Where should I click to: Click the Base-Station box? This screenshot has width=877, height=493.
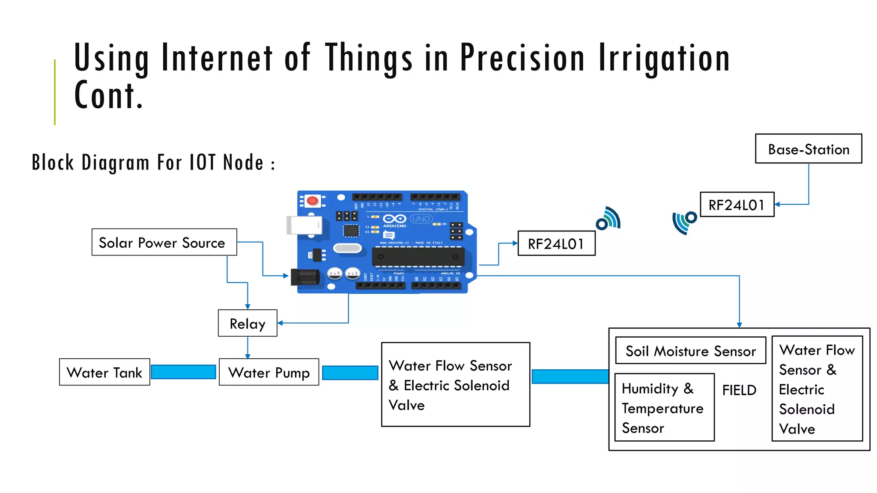pos(808,149)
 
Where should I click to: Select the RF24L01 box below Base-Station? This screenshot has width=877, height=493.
pos(737,205)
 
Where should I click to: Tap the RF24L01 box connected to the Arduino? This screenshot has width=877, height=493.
pos(556,244)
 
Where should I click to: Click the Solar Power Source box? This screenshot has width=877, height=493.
pos(164,242)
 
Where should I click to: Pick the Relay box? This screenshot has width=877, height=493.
pos(247,323)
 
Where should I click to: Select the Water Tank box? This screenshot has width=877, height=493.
pos(104,372)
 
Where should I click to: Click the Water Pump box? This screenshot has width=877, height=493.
pos(268,372)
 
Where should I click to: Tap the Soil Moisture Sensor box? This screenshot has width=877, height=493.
pos(690,350)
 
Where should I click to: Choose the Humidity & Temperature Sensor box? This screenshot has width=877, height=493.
pos(664,407)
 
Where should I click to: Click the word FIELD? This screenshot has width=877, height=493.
pos(739,390)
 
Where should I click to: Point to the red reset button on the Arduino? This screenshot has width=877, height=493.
pos(313,200)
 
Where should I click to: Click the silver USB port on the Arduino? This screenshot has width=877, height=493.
pos(304,225)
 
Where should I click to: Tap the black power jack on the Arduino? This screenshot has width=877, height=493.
pos(305,277)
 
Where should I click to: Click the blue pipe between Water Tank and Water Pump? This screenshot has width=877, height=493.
pos(183,372)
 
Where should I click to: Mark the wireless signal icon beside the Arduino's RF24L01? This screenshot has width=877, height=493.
pos(608,219)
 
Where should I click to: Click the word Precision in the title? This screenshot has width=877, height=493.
pos(522,58)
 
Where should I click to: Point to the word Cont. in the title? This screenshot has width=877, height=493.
pos(108,95)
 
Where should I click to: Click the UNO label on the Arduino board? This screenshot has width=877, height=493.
pos(421,219)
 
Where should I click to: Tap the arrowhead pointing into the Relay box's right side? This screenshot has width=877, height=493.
pos(280,323)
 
